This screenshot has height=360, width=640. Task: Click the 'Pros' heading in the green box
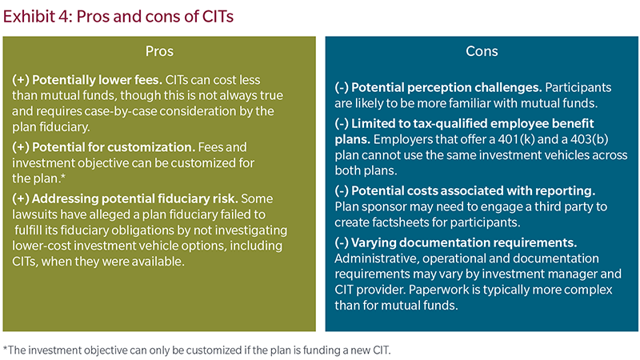tap(159, 51)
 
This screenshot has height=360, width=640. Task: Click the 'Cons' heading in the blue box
tap(482, 51)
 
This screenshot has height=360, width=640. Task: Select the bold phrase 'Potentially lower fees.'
tap(97, 80)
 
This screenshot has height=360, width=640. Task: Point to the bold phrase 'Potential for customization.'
tap(114, 147)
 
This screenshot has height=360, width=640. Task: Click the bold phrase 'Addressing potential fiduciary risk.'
tap(134, 198)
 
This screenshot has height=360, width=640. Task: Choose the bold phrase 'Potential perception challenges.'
tap(446, 88)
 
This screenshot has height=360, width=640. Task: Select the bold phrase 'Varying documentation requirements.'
tap(464, 243)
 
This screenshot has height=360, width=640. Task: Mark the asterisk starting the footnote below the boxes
tap(6, 349)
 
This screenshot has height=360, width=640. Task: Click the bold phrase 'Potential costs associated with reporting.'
tap(474, 191)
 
